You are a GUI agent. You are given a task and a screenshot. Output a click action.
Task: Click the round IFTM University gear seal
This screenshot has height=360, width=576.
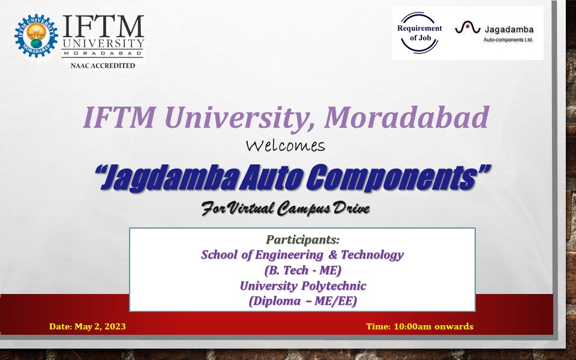37,35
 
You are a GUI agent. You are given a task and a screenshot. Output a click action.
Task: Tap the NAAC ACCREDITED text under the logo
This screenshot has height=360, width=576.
103,66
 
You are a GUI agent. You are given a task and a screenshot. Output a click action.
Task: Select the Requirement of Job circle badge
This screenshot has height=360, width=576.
419,32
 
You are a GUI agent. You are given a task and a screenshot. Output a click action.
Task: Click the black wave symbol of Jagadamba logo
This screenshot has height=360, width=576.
467,28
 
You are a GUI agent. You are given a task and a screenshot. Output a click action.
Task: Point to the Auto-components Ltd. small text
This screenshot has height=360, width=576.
508,40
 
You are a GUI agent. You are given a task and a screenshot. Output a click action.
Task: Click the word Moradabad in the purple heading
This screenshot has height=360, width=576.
406,117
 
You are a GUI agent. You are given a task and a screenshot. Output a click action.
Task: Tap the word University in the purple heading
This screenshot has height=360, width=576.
239,118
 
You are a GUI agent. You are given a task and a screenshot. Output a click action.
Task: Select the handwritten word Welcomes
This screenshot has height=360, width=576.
286,146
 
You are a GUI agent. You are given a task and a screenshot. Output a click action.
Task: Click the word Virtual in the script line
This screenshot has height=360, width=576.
251,208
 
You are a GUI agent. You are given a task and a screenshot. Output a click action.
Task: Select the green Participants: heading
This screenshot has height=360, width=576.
302,239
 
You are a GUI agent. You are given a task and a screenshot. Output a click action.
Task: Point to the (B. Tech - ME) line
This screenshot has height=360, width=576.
302,271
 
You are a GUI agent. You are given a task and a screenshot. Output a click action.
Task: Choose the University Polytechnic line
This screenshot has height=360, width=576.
302,286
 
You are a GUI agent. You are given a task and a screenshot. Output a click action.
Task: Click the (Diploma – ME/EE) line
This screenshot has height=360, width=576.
302,301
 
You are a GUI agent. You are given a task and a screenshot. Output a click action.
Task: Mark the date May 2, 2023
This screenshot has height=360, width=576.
100,326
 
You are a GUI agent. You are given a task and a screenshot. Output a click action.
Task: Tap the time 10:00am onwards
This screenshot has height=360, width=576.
433,326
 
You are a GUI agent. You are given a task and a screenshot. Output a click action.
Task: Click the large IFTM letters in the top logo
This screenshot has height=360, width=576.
103,26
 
